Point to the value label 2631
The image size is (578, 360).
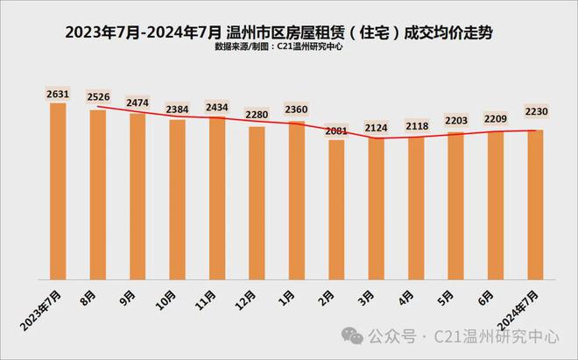pos(58,94)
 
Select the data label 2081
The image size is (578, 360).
pos(337,131)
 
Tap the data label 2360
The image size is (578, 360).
pos(297,109)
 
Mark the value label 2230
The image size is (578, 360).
pos(536,109)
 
